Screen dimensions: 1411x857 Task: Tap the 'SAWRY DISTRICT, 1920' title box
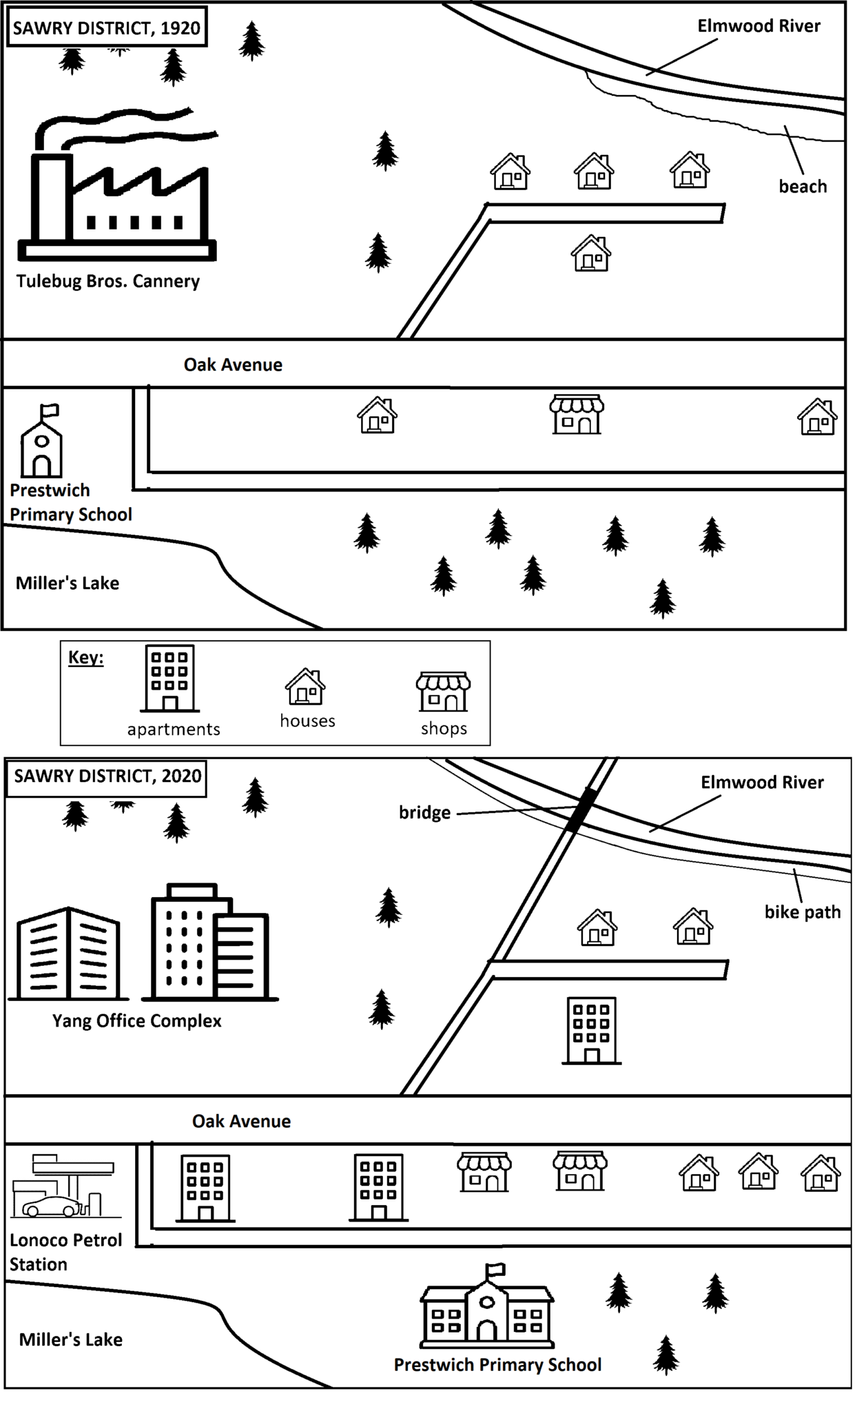(x=107, y=29)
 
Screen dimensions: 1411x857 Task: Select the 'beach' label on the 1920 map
(x=803, y=187)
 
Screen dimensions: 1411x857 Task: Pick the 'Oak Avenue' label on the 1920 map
(x=233, y=365)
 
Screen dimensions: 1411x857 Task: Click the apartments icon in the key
(x=170, y=678)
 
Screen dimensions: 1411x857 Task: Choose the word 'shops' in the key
(x=444, y=729)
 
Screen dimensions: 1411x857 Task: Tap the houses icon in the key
(x=305, y=687)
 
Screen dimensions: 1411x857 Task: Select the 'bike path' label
(x=803, y=912)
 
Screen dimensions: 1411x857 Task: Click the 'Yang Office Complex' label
(x=137, y=1021)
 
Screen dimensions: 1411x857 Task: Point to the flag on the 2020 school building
(x=496, y=1269)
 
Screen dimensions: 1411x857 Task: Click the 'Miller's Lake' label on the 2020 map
(x=70, y=1340)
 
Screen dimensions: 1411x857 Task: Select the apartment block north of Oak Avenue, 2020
(x=591, y=1031)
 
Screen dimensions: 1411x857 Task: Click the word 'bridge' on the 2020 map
(x=424, y=813)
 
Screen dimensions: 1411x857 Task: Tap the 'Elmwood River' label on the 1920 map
(x=758, y=26)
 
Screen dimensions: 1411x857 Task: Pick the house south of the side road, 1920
(x=591, y=254)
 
